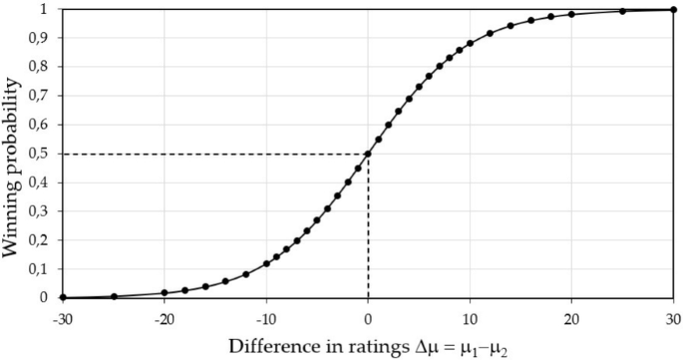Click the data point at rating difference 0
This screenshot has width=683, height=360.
point(368,154)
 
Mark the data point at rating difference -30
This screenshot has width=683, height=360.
point(62,297)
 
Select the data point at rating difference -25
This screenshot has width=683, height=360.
point(114,296)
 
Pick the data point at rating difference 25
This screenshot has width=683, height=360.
point(622,11)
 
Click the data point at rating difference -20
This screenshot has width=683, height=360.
point(165,293)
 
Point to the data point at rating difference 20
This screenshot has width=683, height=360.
point(571,15)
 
